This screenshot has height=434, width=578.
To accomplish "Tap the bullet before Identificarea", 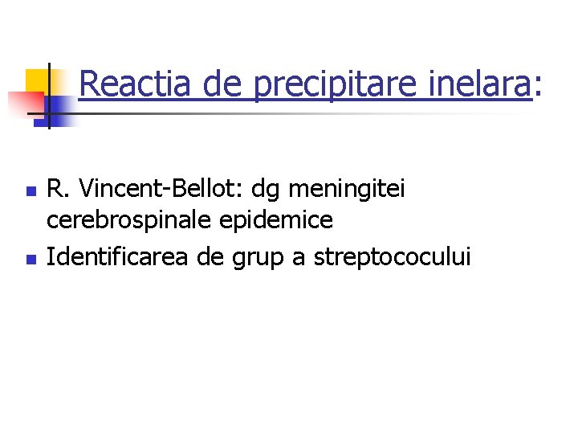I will [x=30, y=260].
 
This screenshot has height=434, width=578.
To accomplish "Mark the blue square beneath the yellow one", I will [x=58, y=108].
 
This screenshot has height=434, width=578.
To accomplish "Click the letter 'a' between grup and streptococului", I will [x=301, y=260].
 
